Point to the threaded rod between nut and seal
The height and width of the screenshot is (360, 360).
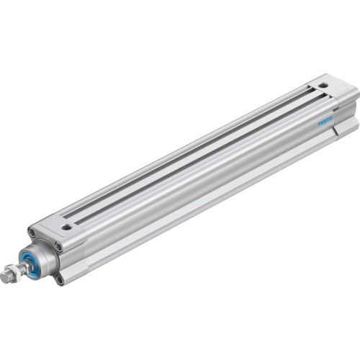coord(23,269)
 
